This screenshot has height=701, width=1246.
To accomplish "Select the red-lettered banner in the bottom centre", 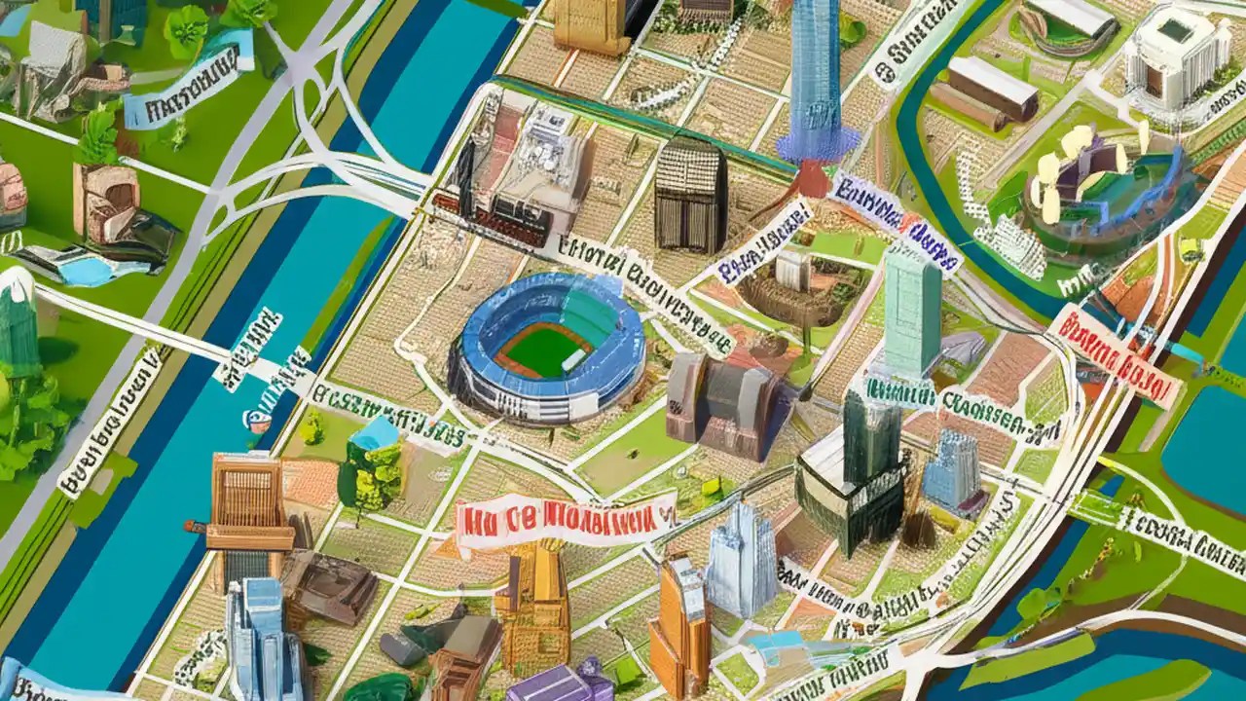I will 565,518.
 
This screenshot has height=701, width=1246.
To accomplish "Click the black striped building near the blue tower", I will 690,195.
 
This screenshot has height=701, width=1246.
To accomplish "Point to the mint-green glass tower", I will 912,312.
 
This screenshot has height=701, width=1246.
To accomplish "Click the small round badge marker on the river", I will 258,420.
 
